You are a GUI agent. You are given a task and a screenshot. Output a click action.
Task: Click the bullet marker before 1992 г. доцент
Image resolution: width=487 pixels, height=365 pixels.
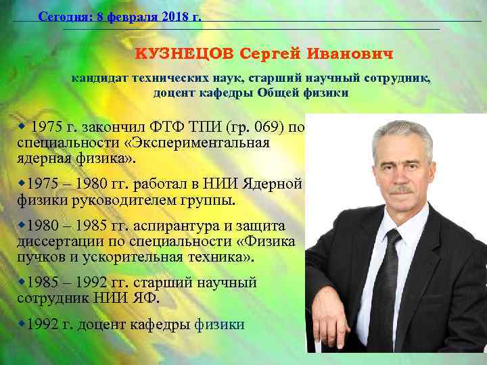[20, 324]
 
